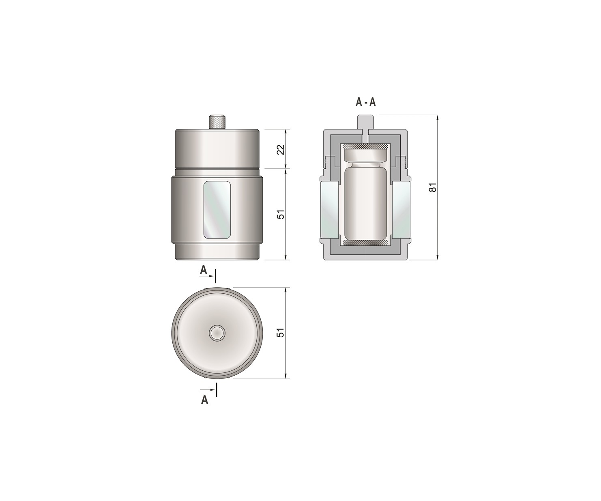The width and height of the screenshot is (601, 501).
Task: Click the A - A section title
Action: coord(365,102)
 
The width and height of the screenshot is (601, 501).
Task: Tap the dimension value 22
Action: coord(281,150)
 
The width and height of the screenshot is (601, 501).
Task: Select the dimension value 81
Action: coord(433,187)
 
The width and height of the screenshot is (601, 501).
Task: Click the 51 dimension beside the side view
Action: coord(281,214)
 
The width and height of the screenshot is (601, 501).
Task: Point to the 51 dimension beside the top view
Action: coord(281,333)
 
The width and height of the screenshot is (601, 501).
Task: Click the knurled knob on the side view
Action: coord(217,122)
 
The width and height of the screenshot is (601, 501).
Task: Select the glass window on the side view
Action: coord(217,210)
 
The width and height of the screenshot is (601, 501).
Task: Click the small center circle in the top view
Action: coord(217,333)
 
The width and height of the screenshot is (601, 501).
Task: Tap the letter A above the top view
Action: coord(204,270)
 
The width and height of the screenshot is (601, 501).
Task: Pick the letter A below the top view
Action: coord(204,400)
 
